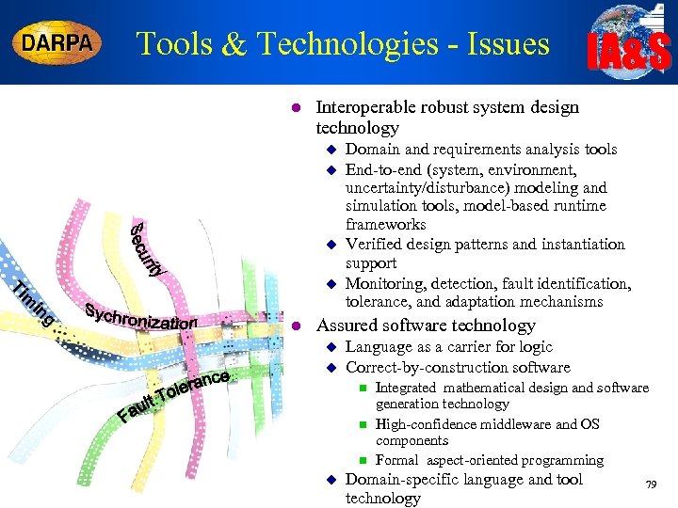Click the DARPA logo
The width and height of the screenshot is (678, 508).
click(57, 43)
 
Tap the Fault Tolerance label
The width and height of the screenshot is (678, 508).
click(174, 395)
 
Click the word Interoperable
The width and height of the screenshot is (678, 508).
click(364, 107)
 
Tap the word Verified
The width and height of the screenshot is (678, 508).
click(374, 244)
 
